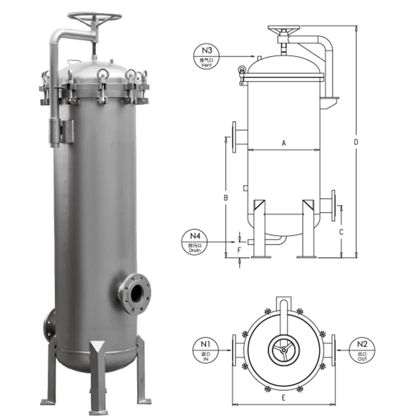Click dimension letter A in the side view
[283, 144]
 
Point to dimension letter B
[226, 198]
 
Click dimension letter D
[356, 142]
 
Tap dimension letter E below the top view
[283, 398]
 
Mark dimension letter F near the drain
[239, 250]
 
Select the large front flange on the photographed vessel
[135, 293]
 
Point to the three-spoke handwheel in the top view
[283, 349]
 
